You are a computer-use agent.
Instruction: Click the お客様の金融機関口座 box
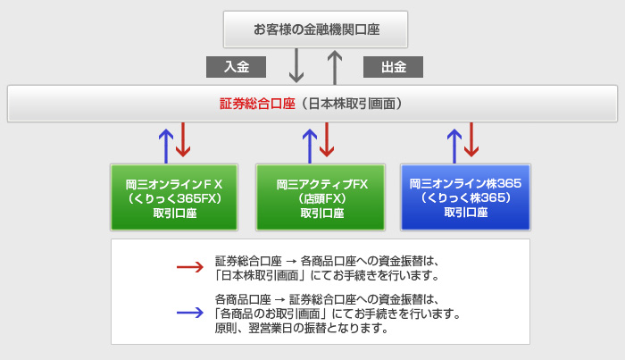[x=315, y=29]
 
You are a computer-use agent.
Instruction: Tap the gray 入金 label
[x=236, y=67]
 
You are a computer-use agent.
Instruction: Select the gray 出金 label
[x=393, y=67]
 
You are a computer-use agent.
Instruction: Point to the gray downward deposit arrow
[x=296, y=65]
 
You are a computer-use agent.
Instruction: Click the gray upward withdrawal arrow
[x=335, y=67]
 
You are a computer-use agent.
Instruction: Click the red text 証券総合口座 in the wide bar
[x=257, y=104]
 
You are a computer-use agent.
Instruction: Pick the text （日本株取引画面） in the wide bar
[x=352, y=104]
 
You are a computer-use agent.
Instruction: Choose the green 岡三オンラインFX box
[x=174, y=197]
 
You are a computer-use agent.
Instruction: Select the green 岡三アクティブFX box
[x=321, y=197]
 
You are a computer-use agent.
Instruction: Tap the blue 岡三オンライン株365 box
[x=465, y=197]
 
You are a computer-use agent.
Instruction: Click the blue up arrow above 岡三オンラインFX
[x=166, y=146]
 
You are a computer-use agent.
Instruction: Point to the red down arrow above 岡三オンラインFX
[x=183, y=139]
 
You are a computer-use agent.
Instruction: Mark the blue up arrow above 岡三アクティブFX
[x=310, y=146]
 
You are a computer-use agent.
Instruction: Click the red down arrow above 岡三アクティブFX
[x=327, y=139]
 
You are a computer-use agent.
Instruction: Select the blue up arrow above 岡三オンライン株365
[x=454, y=146]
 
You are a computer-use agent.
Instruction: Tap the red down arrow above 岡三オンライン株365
[x=471, y=139]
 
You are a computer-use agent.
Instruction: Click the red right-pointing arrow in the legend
[x=190, y=267]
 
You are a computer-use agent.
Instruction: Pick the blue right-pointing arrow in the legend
[x=190, y=313]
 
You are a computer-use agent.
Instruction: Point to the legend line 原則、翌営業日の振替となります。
[x=302, y=328]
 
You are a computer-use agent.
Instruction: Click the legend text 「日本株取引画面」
[x=261, y=275]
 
